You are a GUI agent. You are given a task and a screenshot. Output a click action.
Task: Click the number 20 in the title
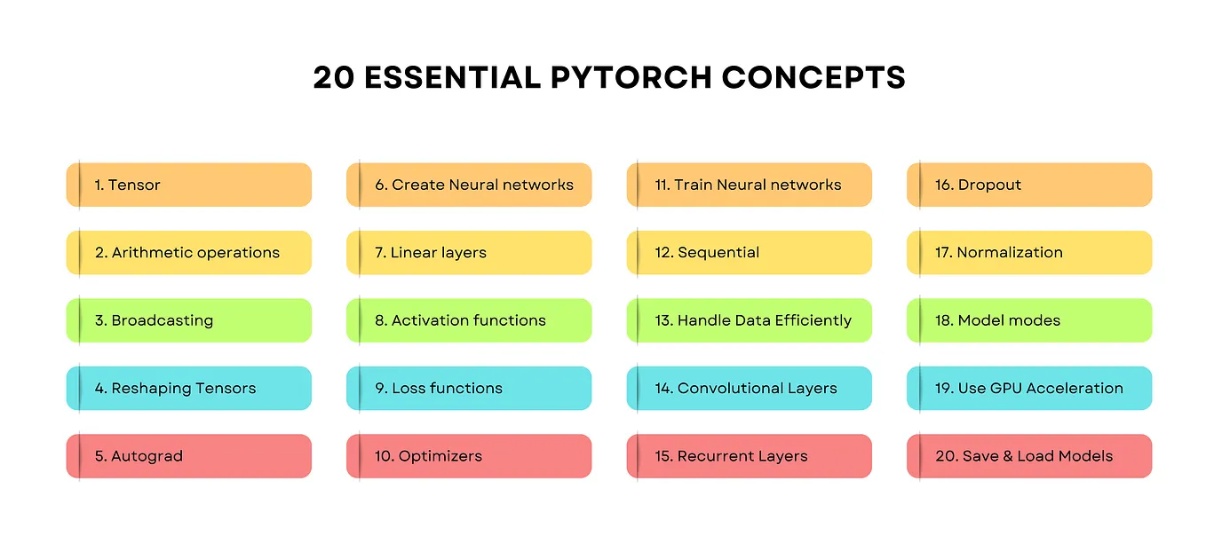334,78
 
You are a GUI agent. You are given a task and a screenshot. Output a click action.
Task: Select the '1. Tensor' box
189,185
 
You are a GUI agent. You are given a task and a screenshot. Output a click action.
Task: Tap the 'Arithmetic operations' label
195,253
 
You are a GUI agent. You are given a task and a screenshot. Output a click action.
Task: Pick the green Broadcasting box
189,320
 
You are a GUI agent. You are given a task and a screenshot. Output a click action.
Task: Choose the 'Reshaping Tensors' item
184,389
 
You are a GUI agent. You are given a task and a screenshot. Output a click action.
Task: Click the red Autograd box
189,456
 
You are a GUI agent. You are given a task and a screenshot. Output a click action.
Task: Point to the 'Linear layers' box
469,253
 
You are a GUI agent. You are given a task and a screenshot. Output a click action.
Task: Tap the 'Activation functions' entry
469,320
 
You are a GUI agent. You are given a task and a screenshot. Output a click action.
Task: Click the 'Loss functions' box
469,389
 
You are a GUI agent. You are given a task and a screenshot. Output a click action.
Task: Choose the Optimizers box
469,456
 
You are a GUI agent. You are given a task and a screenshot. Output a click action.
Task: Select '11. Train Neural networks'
749,185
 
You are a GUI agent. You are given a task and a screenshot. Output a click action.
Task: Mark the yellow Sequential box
749,253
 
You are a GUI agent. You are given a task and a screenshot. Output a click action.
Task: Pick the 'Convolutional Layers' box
749,389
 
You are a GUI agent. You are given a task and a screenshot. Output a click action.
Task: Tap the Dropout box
1029,185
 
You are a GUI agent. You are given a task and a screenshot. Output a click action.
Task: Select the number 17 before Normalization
943,253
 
